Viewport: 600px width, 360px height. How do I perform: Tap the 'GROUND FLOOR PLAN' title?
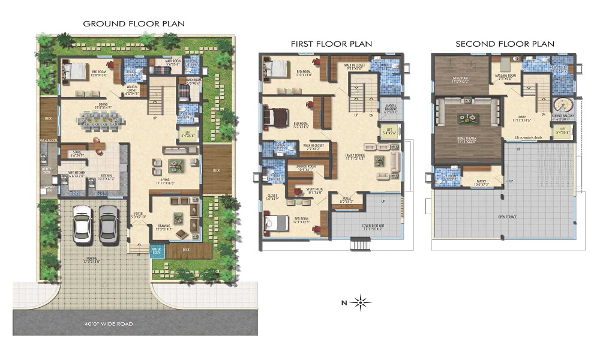click(134, 23)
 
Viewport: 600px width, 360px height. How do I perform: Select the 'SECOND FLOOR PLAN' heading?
click(505, 44)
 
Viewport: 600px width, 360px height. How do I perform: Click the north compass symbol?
click(360, 302)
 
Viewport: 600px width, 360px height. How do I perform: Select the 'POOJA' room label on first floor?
click(347, 200)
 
